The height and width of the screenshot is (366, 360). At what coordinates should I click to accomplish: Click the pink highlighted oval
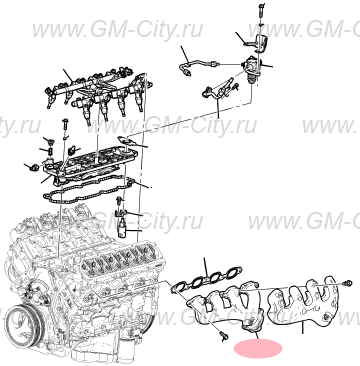(258, 349)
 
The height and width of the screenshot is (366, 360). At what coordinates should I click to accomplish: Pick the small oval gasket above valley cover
(120, 140)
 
